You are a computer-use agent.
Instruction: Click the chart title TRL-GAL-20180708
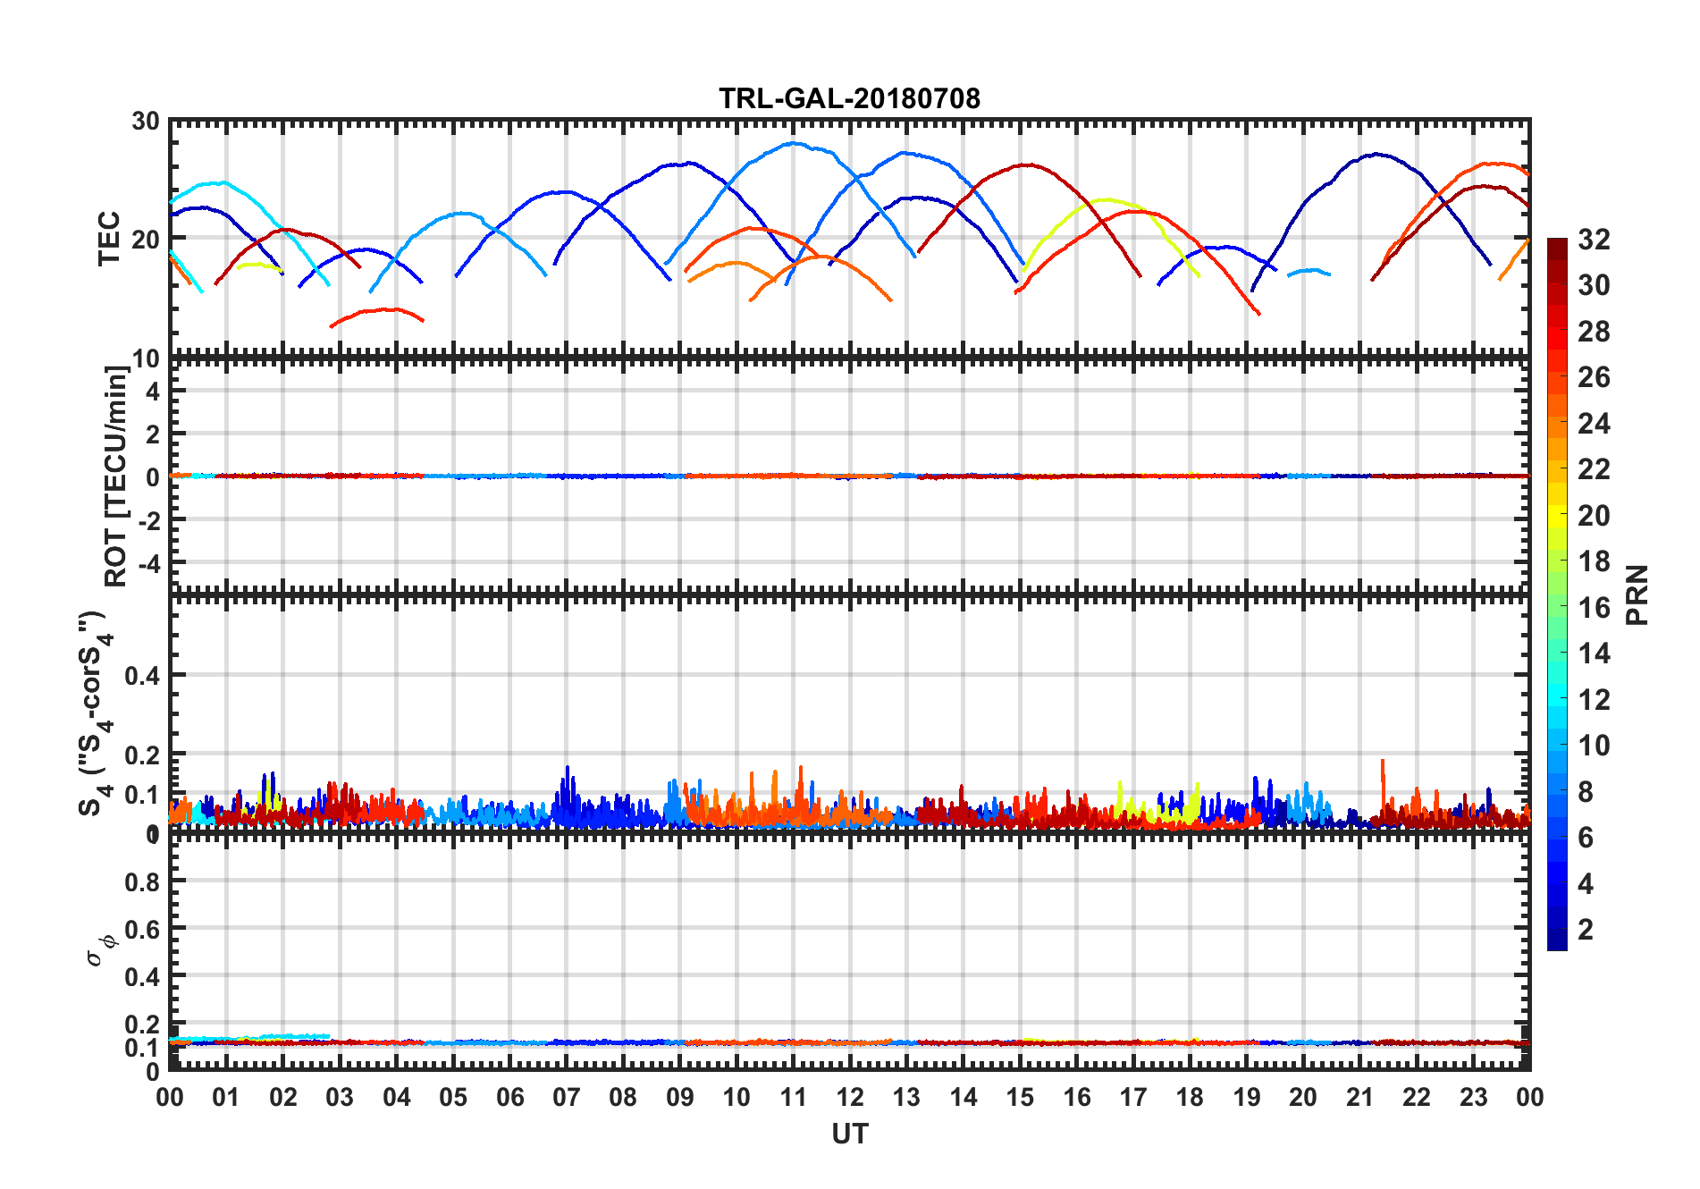tap(849, 97)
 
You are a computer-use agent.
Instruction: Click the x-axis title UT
tap(849, 1134)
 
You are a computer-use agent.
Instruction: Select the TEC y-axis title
tap(109, 238)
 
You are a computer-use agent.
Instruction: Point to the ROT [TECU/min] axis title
tap(116, 476)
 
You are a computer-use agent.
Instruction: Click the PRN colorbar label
tap(1637, 594)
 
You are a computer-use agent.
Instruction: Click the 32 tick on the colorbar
tap(1594, 240)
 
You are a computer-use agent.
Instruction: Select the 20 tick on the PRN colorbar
tap(1594, 516)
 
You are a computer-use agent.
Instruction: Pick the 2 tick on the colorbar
tap(1586, 930)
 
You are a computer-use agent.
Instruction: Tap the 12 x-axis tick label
tap(850, 1097)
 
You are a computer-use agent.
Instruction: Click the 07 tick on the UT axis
tap(567, 1097)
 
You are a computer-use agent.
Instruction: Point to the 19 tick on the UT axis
tap(1247, 1097)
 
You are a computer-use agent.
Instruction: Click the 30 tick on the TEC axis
tap(146, 122)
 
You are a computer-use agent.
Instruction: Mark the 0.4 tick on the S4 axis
tap(142, 676)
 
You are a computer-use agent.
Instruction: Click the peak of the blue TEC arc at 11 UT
tap(793, 143)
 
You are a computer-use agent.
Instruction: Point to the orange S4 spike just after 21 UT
tap(1383, 763)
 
